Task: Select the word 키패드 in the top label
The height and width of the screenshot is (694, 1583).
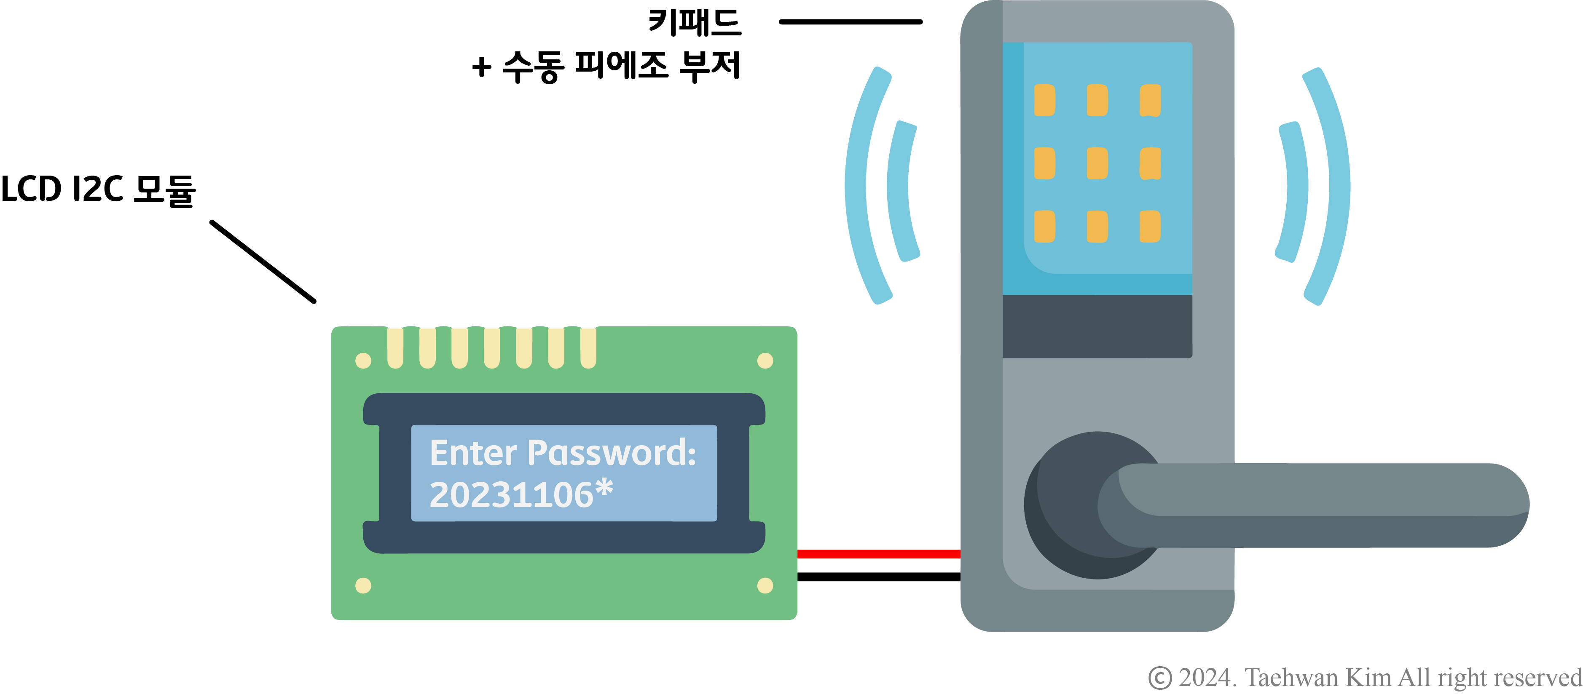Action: click(x=695, y=23)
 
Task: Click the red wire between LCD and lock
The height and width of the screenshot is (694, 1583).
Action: click(x=879, y=554)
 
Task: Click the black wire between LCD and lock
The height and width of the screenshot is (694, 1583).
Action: click(x=879, y=577)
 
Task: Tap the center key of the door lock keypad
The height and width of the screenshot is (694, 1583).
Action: click(x=1097, y=163)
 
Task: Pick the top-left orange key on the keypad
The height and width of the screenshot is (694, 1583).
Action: click(x=1045, y=100)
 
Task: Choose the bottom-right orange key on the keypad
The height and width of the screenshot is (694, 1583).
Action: click(x=1150, y=227)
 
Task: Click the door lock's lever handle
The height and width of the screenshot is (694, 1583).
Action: click(x=1321, y=505)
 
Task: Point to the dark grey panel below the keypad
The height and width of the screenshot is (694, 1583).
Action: click(x=1097, y=326)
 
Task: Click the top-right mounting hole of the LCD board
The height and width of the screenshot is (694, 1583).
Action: click(x=765, y=360)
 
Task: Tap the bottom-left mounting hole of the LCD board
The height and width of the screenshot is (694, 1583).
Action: click(x=363, y=585)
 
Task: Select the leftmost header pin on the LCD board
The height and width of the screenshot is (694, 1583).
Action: click(x=395, y=347)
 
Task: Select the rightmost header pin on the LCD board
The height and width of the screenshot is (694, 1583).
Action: click(x=588, y=347)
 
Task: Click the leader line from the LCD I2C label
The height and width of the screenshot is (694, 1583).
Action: click(x=263, y=262)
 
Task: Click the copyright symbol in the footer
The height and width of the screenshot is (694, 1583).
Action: click(x=1159, y=678)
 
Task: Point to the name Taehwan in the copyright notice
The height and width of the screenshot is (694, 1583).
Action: click(x=1291, y=678)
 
